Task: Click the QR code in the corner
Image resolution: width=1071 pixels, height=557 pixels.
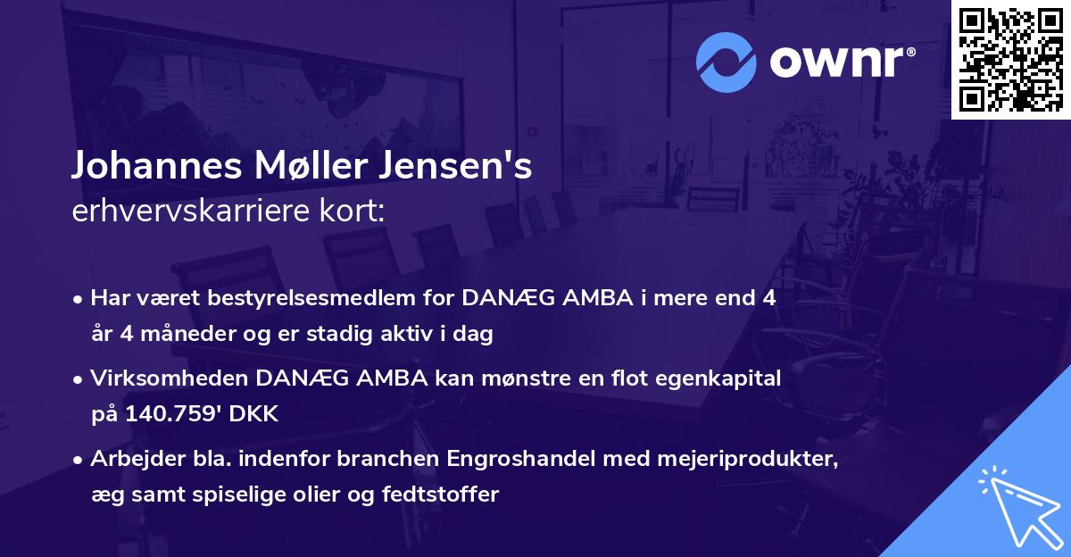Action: [x=1010, y=59]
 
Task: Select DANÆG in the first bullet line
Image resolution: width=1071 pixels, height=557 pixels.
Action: [x=497, y=299]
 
